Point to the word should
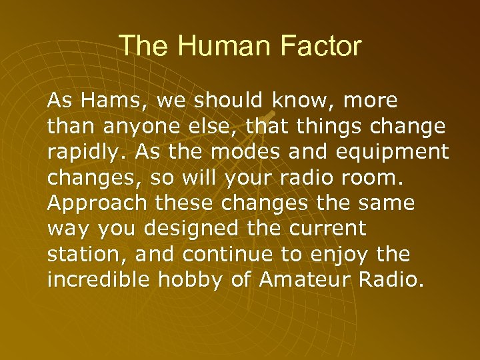click(x=230, y=101)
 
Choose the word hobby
click(x=191, y=279)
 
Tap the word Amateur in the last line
click(x=303, y=279)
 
